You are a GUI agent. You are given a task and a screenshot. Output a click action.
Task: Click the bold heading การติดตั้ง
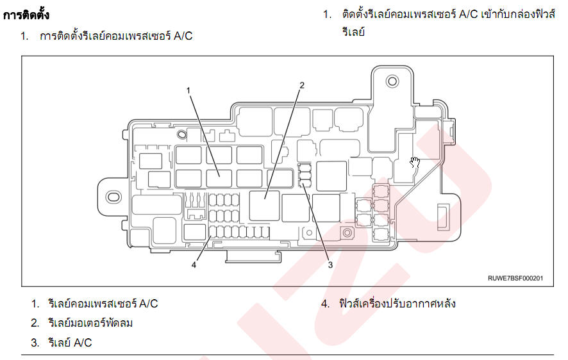pyautogui.click(x=26, y=15)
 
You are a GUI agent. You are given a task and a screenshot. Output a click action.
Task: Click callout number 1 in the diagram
pyautogui.click(x=188, y=90)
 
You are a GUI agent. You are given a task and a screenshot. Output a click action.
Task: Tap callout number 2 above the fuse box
pyautogui.click(x=302, y=85)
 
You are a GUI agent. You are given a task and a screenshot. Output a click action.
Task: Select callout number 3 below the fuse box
pyautogui.click(x=330, y=265)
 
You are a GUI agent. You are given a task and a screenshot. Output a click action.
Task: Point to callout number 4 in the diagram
pyautogui.click(x=194, y=265)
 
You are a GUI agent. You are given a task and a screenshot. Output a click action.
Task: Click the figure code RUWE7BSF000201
pyautogui.click(x=515, y=278)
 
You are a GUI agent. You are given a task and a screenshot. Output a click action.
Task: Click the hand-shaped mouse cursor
pyautogui.click(x=415, y=163)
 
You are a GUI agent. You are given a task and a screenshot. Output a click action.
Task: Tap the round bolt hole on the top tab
pyautogui.click(x=392, y=81)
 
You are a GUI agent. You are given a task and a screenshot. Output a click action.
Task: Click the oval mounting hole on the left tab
pyautogui.click(x=113, y=197)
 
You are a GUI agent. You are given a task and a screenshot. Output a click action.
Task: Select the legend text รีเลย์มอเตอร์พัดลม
pyautogui.click(x=90, y=323)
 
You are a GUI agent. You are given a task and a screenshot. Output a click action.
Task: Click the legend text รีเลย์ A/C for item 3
pyautogui.click(x=70, y=342)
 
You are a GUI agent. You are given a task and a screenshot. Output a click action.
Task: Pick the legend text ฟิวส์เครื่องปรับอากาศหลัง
pyautogui.click(x=397, y=303)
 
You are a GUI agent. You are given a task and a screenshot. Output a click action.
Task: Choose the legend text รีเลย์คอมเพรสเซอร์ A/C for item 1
pyautogui.click(x=103, y=303)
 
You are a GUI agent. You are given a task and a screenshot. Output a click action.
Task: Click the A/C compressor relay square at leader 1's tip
pyautogui.click(x=219, y=178)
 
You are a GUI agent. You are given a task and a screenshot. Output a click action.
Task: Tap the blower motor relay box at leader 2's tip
pyautogui.click(x=264, y=206)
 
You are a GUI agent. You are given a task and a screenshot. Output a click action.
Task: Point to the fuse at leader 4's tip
pyautogui.click(x=213, y=232)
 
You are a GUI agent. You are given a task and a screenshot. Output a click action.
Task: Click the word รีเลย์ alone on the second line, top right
pyautogui.click(x=353, y=32)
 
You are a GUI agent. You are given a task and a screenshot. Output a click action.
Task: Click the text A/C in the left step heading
pyautogui.click(x=183, y=36)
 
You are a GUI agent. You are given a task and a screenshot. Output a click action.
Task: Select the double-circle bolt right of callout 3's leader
pyautogui.click(x=347, y=233)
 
